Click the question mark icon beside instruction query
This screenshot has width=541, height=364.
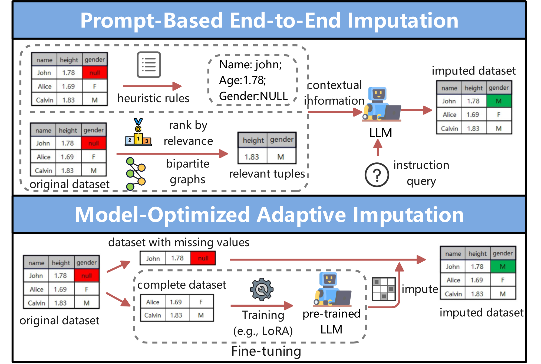(x=377, y=175)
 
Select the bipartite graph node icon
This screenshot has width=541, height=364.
(x=135, y=174)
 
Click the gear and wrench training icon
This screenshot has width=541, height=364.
(x=261, y=289)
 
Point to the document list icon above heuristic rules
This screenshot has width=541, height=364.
(x=149, y=65)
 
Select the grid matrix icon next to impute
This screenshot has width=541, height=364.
(x=384, y=289)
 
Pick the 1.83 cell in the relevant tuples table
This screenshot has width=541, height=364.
(x=252, y=157)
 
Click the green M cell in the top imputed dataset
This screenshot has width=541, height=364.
(x=499, y=101)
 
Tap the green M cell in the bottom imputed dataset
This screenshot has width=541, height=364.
(x=503, y=266)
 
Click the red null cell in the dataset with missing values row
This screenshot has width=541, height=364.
(x=203, y=258)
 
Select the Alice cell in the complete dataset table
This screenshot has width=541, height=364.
(x=153, y=302)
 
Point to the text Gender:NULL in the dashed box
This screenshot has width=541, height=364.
(x=253, y=96)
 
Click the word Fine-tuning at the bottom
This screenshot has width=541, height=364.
(x=266, y=351)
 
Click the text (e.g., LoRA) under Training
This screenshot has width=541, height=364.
(x=263, y=331)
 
